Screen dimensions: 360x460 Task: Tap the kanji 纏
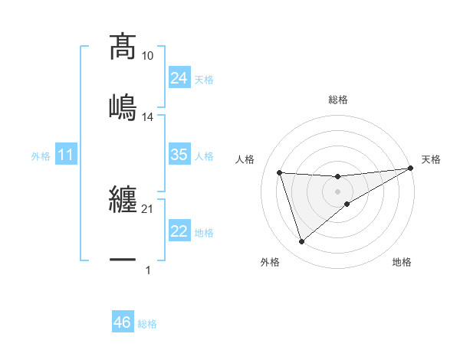tap(123, 201)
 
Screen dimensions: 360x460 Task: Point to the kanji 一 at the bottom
tap(123, 260)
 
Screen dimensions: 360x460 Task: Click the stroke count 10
tap(148, 56)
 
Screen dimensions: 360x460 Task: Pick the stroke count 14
tap(148, 117)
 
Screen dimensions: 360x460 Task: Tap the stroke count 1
tap(148, 270)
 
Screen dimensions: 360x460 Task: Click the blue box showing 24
tap(179, 77)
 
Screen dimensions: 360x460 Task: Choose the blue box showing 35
tap(179, 155)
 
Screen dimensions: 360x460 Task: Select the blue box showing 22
tap(179, 231)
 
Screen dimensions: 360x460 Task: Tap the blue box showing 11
tap(66, 155)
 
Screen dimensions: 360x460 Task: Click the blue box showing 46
tap(123, 322)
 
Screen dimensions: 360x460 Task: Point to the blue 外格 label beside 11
tap(41, 155)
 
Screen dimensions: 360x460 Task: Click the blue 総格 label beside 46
tap(147, 324)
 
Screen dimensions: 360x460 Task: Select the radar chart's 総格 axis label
tap(338, 100)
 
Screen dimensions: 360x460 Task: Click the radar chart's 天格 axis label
tap(431, 159)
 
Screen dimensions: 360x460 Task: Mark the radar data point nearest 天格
tap(411, 169)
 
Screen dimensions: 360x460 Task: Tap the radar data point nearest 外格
tap(301, 242)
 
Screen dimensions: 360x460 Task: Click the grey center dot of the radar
tap(338, 191)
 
